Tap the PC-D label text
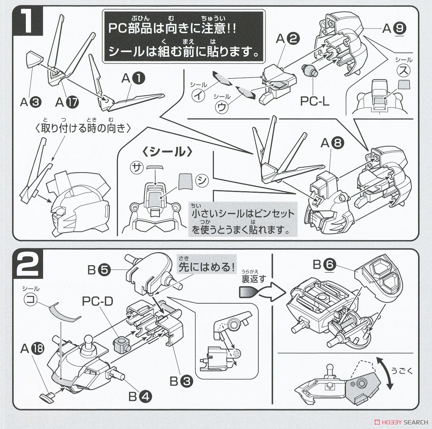coord(98,301)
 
